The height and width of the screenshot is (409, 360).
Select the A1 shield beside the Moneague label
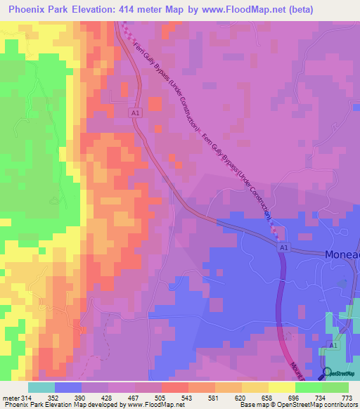(x=283, y=248)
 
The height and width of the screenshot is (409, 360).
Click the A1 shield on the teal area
(x=335, y=346)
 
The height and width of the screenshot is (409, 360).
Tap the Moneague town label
(x=342, y=255)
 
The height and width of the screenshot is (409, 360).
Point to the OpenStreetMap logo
(x=340, y=372)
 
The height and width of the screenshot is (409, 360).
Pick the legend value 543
(x=188, y=398)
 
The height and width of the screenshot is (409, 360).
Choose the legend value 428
(x=108, y=398)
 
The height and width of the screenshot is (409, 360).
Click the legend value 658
(x=268, y=398)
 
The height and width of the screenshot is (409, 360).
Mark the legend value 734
(x=321, y=398)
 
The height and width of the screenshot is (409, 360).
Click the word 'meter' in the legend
(x=10, y=398)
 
